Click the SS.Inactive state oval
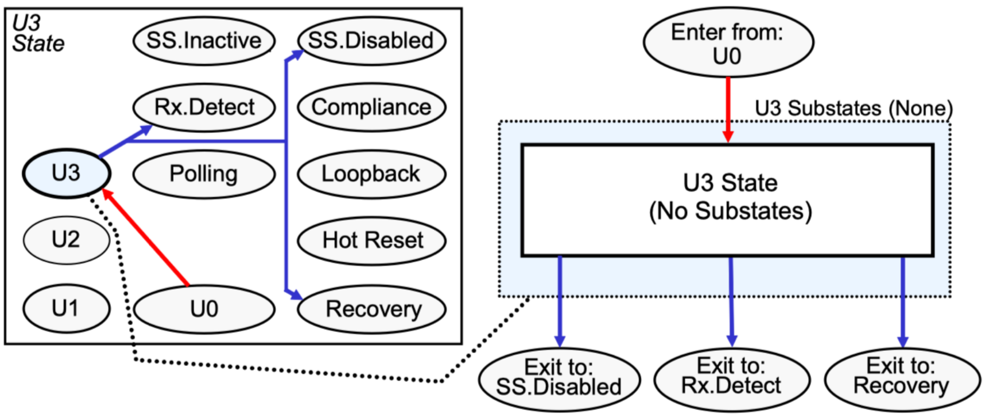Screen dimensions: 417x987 point(204,41)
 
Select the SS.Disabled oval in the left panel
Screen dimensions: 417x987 point(371,41)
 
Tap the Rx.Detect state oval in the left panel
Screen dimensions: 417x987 point(204,107)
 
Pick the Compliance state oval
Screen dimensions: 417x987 point(371,107)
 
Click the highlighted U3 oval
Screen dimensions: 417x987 point(66,173)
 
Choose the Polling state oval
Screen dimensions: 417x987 point(204,174)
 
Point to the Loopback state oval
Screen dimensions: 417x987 point(371,174)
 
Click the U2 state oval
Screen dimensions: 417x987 point(66,240)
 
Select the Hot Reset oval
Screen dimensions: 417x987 point(371,240)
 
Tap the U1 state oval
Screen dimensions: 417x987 point(66,308)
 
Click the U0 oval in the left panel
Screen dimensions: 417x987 point(204,309)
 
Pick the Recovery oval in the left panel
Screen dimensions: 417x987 point(371,309)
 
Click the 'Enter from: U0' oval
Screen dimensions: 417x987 point(728,43)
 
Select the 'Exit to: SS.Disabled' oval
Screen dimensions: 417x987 point(559,378)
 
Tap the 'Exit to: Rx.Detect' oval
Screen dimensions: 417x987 point(731,377)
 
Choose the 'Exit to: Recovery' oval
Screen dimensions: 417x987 point(902,377)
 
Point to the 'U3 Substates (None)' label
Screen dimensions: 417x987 point(853,109)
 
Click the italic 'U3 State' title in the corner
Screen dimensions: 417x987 point(38,34)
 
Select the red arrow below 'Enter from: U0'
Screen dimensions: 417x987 point(728,109)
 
